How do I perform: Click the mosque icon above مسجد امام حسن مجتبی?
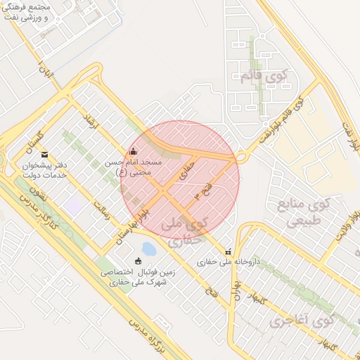click(x=134, y=151)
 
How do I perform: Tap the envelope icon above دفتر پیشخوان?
click(x=46, y=155)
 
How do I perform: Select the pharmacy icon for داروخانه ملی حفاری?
click(x=227, y=252)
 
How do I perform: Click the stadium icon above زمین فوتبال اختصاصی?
click(x=138, y=261)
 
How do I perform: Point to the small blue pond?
click(x=149, y=248)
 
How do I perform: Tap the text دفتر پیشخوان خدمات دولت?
click(x=46, y=169)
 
